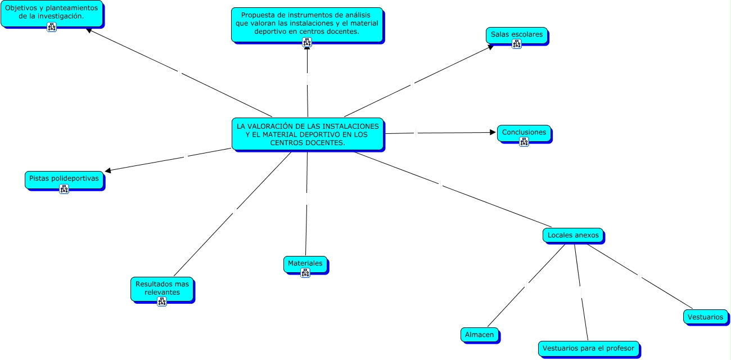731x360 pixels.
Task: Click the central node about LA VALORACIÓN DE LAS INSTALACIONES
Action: click(308, 134)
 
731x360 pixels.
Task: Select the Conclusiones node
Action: click(524, 133)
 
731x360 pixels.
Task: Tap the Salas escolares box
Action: click(516, 34)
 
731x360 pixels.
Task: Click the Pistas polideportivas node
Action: click(64, 178)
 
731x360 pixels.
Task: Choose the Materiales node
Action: click(305, 263)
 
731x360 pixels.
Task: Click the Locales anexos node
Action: click(573, 235)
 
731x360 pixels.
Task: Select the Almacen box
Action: click(479, 335)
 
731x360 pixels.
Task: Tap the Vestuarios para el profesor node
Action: click(588, 348)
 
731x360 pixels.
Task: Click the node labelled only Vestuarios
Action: click(705, 317)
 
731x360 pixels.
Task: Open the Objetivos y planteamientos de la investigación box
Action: click(51, 12)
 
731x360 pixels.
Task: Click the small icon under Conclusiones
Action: click(524, 142)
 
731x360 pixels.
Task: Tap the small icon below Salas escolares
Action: click(517, 44)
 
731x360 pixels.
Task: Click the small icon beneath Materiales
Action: click(305, 273)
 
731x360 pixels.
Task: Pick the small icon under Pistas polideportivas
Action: click(64, 189)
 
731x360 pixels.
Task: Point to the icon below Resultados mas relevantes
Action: click(163, 301)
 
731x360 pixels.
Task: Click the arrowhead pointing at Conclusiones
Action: click(493, 133)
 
